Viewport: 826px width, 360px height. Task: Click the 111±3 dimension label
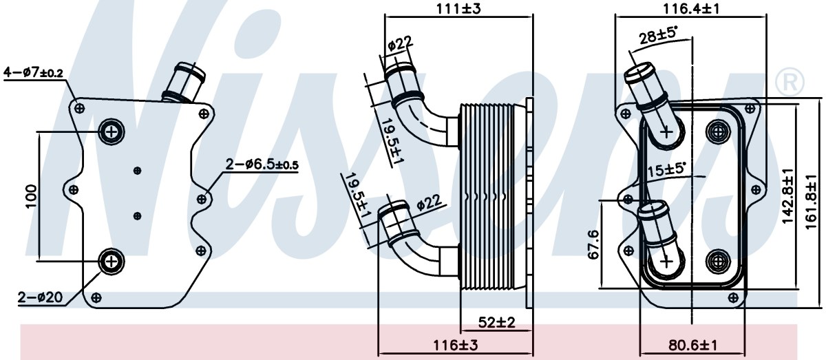[458, 8]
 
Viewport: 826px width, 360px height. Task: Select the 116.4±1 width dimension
[691, 8]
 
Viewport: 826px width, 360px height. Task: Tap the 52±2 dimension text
[496, 322]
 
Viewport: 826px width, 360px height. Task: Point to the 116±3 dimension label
[455, 346]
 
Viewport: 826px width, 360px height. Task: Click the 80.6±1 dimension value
[693, 346]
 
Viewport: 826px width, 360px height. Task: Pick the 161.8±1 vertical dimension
[812, 202]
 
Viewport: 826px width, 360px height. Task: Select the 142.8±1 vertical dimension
[787, 196]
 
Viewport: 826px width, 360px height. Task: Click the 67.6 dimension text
[593, 244]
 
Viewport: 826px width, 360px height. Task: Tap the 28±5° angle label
[658, 36]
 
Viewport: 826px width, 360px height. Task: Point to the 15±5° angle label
[666, 169]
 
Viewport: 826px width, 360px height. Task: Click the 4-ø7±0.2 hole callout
[33, 73]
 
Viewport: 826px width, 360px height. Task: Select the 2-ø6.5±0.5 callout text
[262, 165]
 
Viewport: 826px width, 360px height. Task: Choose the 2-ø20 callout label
[40, 297]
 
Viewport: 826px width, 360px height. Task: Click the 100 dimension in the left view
[32, 196]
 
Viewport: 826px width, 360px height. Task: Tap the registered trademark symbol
[790, 82]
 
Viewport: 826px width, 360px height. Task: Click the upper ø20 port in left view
[111, 131]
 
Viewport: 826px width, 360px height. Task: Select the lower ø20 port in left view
[111, 261]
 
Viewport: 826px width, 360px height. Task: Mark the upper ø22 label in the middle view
[400, 44]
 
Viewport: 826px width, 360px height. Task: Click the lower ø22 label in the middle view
[429, 203]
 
